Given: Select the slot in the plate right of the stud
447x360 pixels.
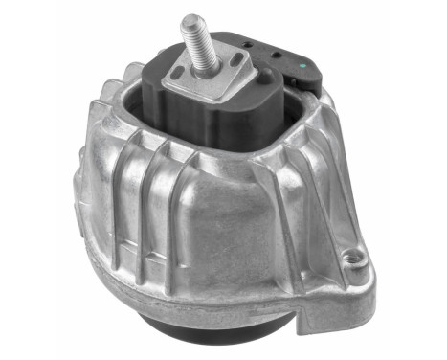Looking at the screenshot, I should click(x=234, y=64).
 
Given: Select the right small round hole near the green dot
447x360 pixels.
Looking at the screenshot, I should click(x=278, y=56).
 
